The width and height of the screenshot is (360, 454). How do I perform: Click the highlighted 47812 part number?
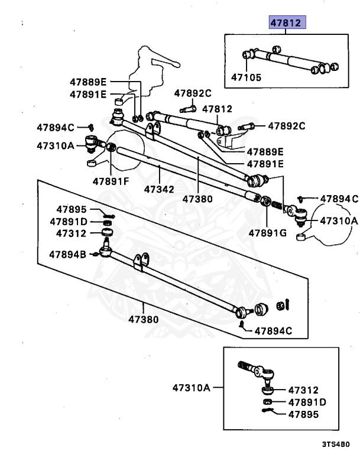point(286,23)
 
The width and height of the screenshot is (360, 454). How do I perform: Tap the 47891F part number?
point(110,181)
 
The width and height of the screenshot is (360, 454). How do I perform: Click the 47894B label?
point(67,255)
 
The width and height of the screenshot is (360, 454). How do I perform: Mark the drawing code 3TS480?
point(336,444)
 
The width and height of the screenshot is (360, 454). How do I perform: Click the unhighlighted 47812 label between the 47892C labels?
point(217,109)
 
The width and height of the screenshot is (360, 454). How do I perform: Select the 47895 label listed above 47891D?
point(72,209)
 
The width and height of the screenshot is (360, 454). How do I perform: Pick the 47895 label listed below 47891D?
point(303,414)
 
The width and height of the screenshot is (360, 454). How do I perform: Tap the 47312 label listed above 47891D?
point(72,234)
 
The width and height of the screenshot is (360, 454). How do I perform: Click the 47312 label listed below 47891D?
point(303,390)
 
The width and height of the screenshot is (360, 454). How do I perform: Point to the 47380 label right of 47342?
point(197,199)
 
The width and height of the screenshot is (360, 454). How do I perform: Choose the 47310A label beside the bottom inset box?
point(192,388)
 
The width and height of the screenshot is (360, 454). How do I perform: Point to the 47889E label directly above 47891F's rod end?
point(87,82)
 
